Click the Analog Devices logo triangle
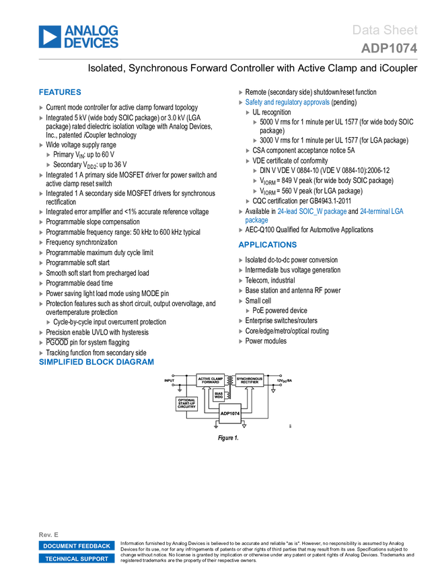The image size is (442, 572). pos(49,37)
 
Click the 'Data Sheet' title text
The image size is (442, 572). pos(385,30)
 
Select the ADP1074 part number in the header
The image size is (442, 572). pos(389,48)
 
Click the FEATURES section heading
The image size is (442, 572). pos(60,92)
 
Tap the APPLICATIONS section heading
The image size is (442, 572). pos(268,245)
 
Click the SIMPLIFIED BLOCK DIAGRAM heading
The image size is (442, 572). pos(96,362)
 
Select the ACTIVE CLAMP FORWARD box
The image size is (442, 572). pos(209,380)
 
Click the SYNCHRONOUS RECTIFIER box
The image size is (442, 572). pos(249,380)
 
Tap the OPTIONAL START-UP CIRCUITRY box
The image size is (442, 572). pos(186,404)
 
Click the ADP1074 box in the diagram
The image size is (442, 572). pos(229,413)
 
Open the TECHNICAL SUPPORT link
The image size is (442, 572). pos(77,559)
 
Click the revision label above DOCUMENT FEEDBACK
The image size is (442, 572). pos(48,534)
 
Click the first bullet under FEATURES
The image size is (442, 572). pos(41,108)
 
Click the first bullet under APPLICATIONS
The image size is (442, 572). pos(241,260)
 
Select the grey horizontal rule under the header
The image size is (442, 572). pos(228,59)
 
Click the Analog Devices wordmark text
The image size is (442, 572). pos(91,37)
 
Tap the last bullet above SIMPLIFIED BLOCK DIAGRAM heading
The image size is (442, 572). pos(41,353)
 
